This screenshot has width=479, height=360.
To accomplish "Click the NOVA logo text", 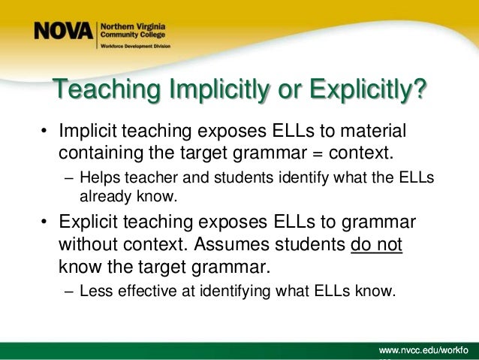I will [63, 32].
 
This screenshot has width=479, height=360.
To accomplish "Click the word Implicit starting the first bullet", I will [88, 133].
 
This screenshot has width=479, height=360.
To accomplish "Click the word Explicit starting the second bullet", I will [89, 225].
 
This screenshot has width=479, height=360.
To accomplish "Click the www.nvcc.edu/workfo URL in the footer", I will [425, 351].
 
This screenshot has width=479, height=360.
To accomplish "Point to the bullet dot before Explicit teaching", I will [44, 225].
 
